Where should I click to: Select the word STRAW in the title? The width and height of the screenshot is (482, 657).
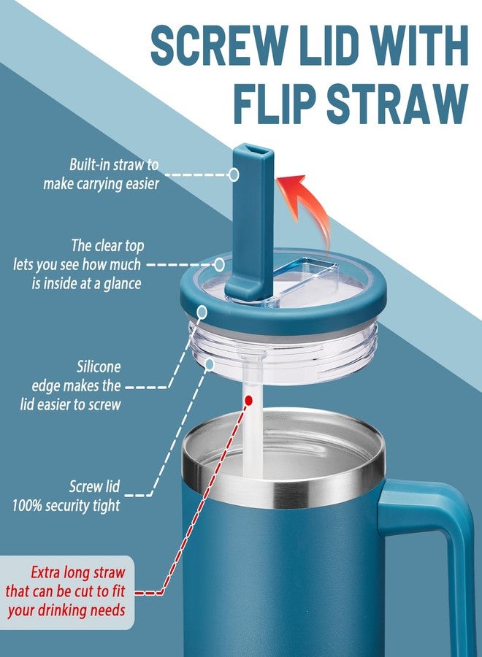tap(398, 104)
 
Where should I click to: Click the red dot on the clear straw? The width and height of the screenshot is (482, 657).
tap(248, 401)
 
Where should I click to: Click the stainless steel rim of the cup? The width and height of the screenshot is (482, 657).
tap(283, 482)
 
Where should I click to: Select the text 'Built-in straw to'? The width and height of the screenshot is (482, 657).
tap(114, 164)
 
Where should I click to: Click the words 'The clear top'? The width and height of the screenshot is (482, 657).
tap(107, 245)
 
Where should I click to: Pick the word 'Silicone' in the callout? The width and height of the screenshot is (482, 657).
tap(99, 367)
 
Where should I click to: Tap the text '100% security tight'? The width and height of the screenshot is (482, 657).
tap(66, 506)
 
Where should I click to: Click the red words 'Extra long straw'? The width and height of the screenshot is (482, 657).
tap(78, 572)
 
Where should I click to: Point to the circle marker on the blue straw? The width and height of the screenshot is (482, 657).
tap(234, 174)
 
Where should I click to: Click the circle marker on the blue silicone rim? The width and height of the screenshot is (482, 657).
tap(202, 312)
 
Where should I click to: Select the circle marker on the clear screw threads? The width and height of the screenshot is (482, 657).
tap(210, 364)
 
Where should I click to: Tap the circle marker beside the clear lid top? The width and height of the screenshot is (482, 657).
tap(219, 265)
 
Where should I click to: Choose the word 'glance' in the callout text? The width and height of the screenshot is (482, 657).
tap(123, 284)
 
